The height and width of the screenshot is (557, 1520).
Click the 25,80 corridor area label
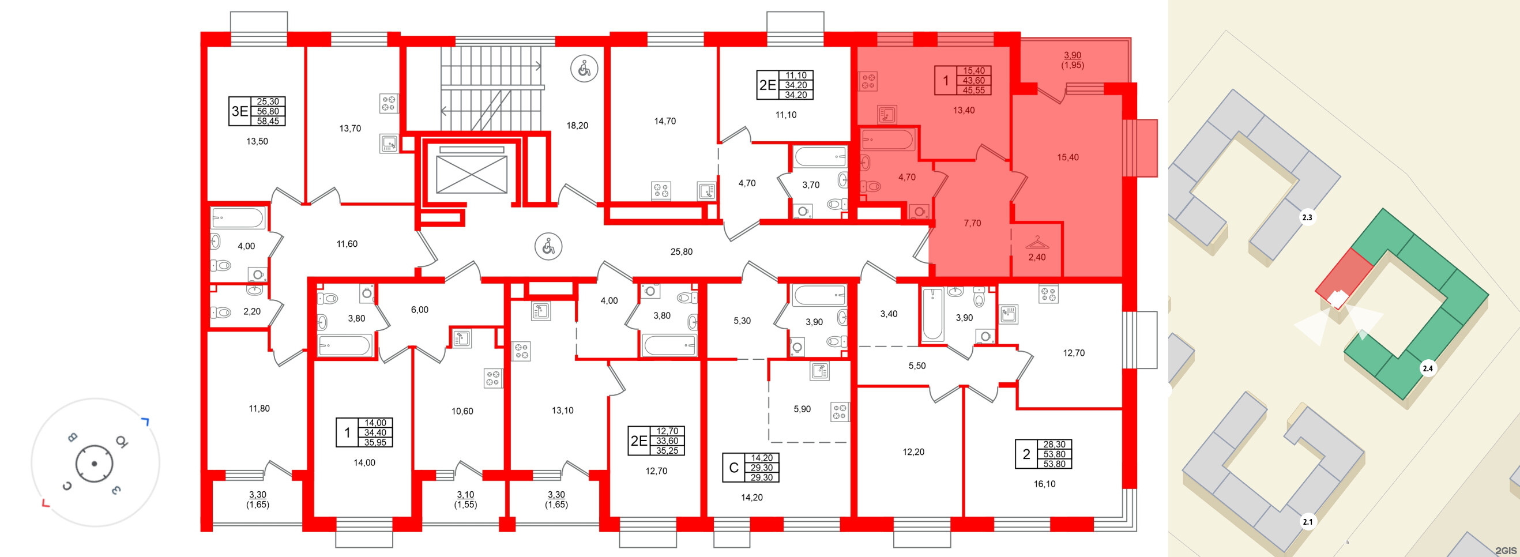[681, 252]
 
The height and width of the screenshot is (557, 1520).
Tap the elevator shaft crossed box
[471, 175]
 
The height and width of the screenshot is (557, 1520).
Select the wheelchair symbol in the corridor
[548, 247]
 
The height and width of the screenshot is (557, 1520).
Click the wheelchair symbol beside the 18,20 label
[584, 69]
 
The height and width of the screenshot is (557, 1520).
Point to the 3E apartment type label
[239, 111]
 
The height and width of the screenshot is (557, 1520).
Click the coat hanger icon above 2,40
[1037, 242]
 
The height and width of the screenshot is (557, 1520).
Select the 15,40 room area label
[1067, 157]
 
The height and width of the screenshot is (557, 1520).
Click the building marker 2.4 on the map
[1427, 369]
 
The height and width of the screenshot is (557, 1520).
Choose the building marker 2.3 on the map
[1307, 218]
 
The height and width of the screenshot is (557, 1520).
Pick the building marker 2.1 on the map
[1308, 522]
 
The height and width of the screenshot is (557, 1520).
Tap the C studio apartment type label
[733, 468]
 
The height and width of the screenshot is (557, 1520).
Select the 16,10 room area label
[1044, 484]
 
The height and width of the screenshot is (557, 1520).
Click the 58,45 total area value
[268, 122]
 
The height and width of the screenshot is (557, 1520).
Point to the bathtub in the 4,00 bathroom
[238, 219]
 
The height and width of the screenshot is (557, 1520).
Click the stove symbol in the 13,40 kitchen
[867, 81]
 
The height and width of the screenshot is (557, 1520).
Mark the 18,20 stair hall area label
[577, 126]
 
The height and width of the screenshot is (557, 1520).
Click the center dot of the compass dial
[95, 464]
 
